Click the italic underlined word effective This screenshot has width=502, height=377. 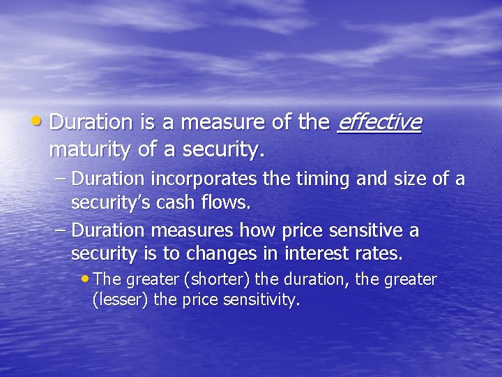[379, 122]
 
